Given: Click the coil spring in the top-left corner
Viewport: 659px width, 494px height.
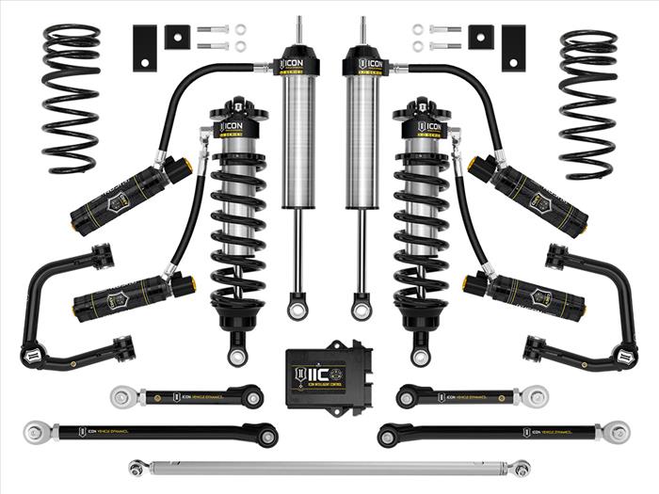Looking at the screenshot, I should click(x=72, y=99).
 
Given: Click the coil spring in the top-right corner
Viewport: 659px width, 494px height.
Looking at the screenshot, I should click(x=587, y=104).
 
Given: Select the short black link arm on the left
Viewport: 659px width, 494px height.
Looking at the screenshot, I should click(x=188, y=396).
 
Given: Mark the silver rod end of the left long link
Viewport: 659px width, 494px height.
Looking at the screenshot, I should click(x=35, y=433).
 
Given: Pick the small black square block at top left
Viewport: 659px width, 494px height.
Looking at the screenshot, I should click(x=176, y=37).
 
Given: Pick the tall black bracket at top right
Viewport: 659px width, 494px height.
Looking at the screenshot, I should click(x=514, y=46).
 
